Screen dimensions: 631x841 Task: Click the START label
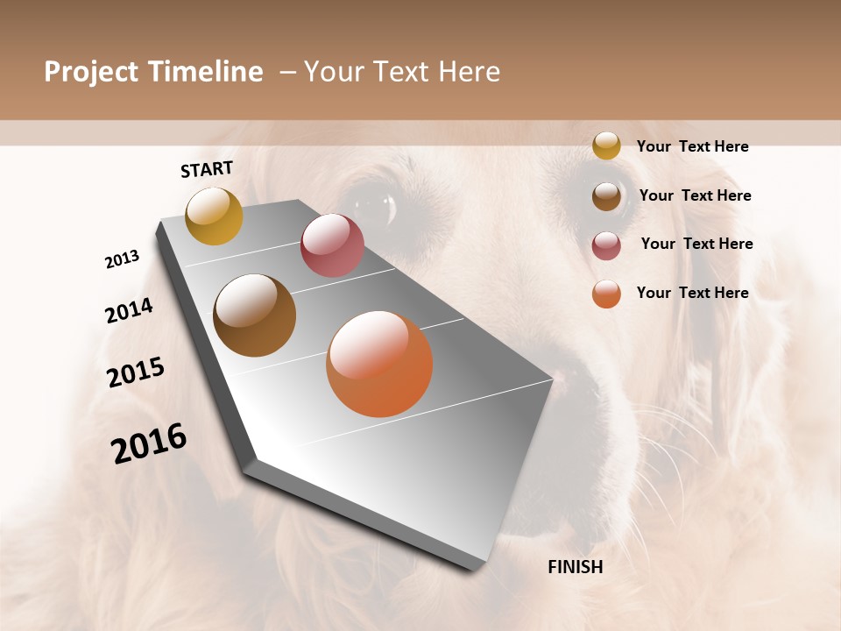207,169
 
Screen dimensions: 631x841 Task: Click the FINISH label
576,567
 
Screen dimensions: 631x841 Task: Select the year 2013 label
122,259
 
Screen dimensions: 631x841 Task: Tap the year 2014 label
129,310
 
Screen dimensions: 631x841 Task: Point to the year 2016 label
149,444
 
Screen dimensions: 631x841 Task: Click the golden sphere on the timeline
214,216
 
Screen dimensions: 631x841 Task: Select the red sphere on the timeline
332,245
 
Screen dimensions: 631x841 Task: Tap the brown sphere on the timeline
255,315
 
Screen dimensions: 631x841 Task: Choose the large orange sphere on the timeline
379,364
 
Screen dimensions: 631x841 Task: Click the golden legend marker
606,145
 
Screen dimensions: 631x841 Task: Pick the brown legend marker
606,196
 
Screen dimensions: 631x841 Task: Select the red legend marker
606,245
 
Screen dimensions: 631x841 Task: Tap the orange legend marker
606,294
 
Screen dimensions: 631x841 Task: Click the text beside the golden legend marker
692,147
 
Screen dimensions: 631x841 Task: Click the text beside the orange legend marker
692,293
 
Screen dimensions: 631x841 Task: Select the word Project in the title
91,72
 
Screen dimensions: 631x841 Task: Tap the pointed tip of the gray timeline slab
552,380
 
